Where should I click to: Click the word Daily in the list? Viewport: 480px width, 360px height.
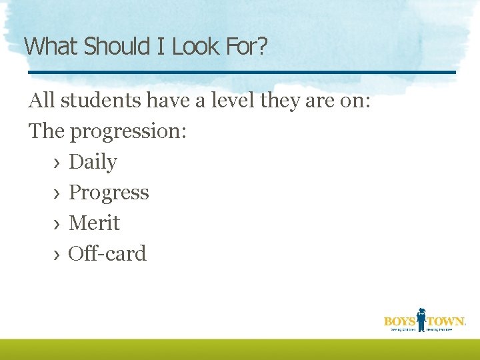click(93, 162)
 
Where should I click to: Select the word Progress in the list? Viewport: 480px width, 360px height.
click(109, 193)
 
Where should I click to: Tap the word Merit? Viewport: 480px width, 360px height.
click(94, 223)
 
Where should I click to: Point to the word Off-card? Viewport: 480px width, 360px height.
click(107, 254)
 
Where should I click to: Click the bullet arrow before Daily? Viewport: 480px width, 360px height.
click(57, 163)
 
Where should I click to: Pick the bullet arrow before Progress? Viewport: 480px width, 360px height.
click(57, 193)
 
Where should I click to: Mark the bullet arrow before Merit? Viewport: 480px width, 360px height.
click(57, 224)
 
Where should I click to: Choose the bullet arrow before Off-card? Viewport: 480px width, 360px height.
click(57, 255)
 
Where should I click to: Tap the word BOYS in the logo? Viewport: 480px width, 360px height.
click(399, 322)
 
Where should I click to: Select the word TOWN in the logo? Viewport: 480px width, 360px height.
click(445, 322)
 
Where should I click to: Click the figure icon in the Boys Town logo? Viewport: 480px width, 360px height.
click(421, 319)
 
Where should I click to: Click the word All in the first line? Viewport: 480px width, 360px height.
click(41, 101)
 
